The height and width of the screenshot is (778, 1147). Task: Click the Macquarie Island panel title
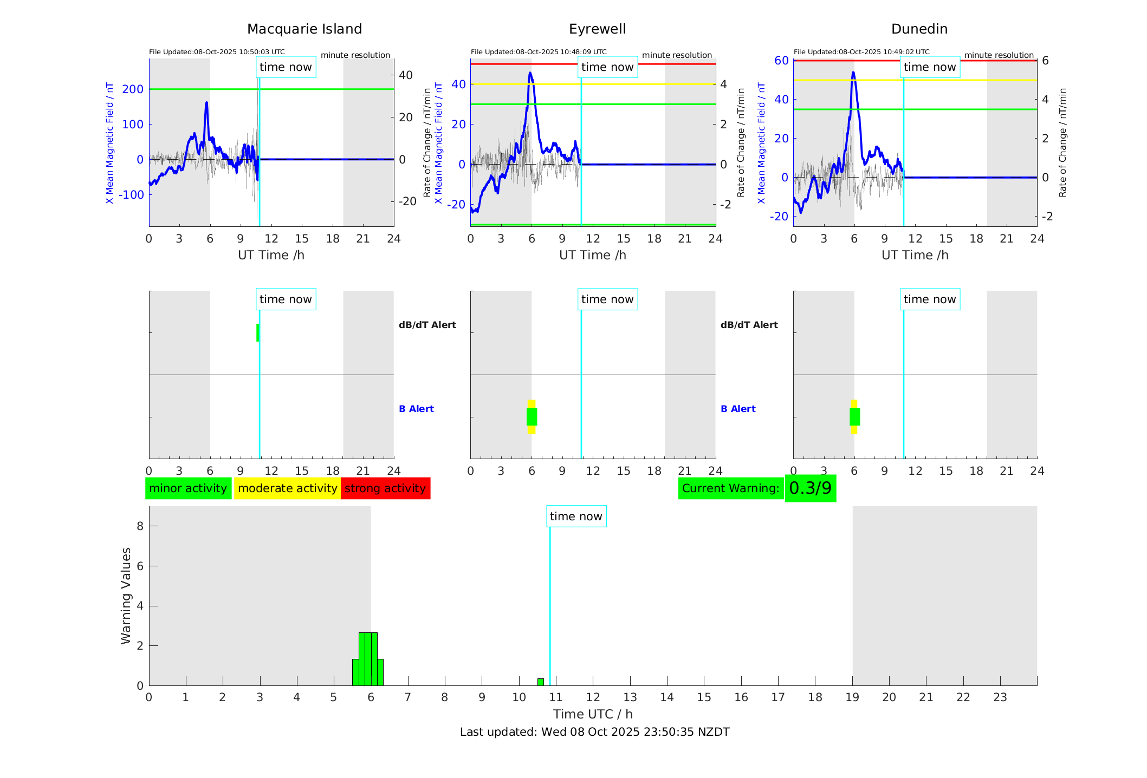tap(304, 29)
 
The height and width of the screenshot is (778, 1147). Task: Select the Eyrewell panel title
tap(597, 29)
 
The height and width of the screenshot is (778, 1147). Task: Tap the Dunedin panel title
tap(919, 29)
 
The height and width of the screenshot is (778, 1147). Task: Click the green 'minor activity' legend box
tap(188, 488)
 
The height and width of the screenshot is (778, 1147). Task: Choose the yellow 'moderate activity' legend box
tap(287, 488)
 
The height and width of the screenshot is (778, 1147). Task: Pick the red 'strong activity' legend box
tap(385, 488)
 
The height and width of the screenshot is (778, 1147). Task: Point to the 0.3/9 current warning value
tap(810, 488)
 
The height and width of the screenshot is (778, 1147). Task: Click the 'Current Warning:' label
tap(730, 488)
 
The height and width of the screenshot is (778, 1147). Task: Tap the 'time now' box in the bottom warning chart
tap(576, 517)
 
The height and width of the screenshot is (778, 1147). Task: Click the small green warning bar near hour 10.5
tap(540, 682)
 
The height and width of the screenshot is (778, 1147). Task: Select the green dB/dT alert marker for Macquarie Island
tap(257, 333)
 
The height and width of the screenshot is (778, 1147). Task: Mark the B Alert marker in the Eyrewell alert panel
tap(532, 417)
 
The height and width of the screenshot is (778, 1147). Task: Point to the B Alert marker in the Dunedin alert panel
tap(854, 417)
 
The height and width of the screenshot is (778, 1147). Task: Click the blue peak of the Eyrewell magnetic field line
tap(530, 73)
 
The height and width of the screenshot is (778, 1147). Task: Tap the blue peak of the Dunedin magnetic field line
tap(853, 73)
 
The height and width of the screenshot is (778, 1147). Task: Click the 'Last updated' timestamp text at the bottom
tap(594, 732)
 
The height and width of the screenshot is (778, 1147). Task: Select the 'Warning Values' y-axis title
tap(126, 596)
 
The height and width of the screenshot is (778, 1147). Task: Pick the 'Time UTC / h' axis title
tap(593, 714)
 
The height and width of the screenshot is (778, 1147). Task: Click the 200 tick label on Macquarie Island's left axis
tap(133, 89)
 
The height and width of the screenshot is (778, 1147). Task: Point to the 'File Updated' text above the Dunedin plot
tap(861, 52)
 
